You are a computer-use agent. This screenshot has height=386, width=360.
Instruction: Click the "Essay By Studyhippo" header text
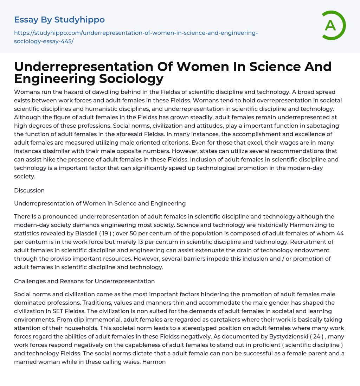click(x=59, y=20)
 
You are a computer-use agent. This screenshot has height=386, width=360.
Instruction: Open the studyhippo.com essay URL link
click(x=136, y=37)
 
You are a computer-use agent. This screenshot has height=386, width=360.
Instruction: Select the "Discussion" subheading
click(x=29, y=190)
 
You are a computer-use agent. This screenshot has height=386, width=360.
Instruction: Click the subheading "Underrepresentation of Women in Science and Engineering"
click(x=100, y=203)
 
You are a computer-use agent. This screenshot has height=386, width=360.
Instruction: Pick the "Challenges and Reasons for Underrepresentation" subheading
click(x=84, y=281)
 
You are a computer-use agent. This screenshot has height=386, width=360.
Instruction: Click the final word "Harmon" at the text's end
click(x=154, y=362)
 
